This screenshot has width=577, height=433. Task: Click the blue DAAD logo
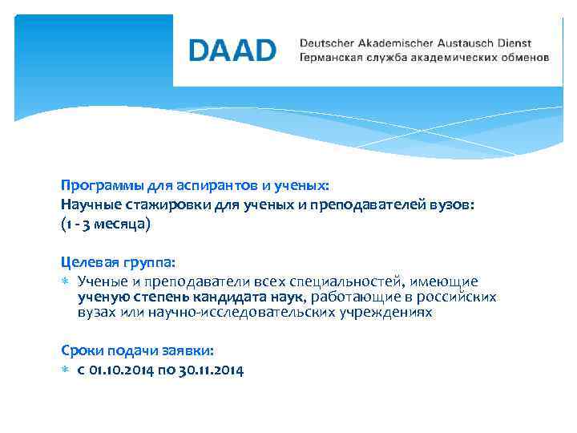pyautogui.click(x=232, y=50)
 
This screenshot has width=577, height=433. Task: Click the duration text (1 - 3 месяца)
pyautogui.click(x=105, y=225)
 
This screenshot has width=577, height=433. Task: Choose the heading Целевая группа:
pyautogui.click(x=117, y=261)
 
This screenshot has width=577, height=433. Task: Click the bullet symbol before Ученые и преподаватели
pyautogui.click(x=66, y=281)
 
